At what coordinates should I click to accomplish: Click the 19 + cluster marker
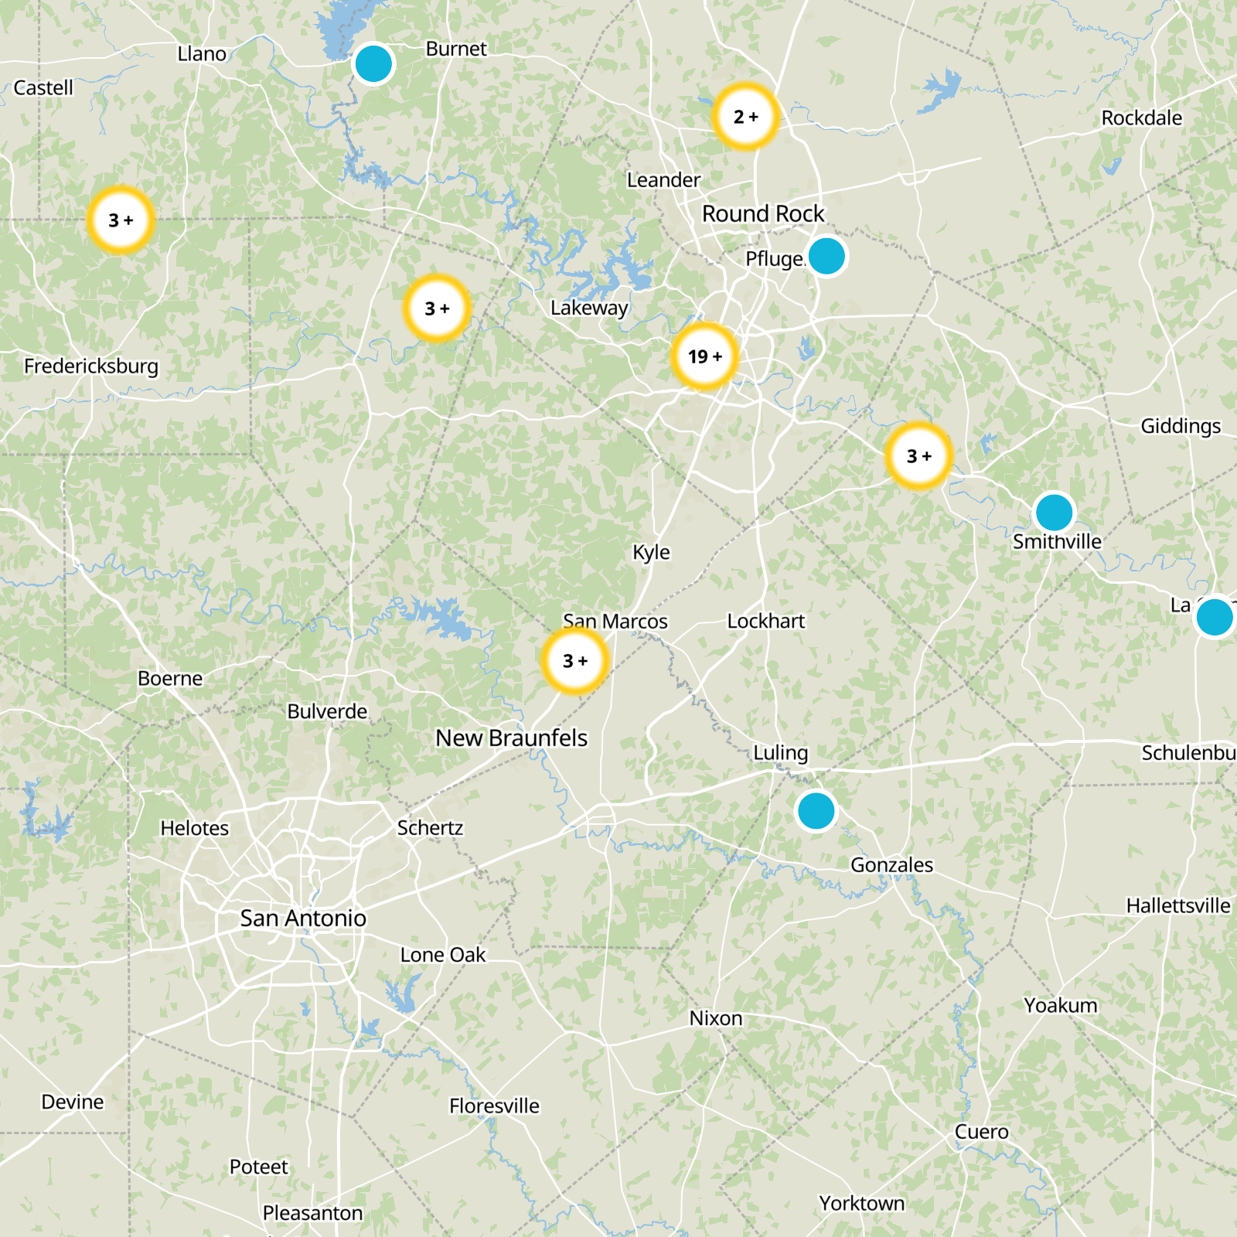click(x=704, y=356)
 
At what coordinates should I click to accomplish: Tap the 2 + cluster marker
click(x=745, y=117)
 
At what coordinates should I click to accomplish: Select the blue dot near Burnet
click(x=373, y=63)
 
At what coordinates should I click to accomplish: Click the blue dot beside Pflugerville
click(x=826, y=256)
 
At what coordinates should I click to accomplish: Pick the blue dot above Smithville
click(x=1053, y=512)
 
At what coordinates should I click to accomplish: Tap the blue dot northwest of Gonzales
click(x=816, y=811)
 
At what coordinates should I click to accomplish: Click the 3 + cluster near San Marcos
click(x=574, y=661)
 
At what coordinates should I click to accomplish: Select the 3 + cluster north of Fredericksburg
click(x=120, y=220)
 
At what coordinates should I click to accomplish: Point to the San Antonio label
click(x=303, y=918)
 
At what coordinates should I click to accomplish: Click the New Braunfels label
click(x=511, y=738)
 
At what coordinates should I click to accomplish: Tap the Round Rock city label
click(x=763, y=214)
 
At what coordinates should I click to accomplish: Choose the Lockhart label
click(x=765, y=622)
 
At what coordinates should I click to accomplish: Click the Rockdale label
click(x=1141, y=118)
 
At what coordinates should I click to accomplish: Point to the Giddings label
click(x=1181, y=426)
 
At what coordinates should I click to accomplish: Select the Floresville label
click(x=494, y=1106)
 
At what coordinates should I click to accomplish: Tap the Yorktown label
click(x=861, y=1204)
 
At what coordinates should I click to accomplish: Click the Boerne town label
click(x=170, y=679)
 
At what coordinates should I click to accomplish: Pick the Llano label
click(x=202, y=54)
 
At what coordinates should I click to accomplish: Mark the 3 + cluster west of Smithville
click(x=918, y=456)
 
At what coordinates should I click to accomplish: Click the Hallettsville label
click(x=1177, y=905)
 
